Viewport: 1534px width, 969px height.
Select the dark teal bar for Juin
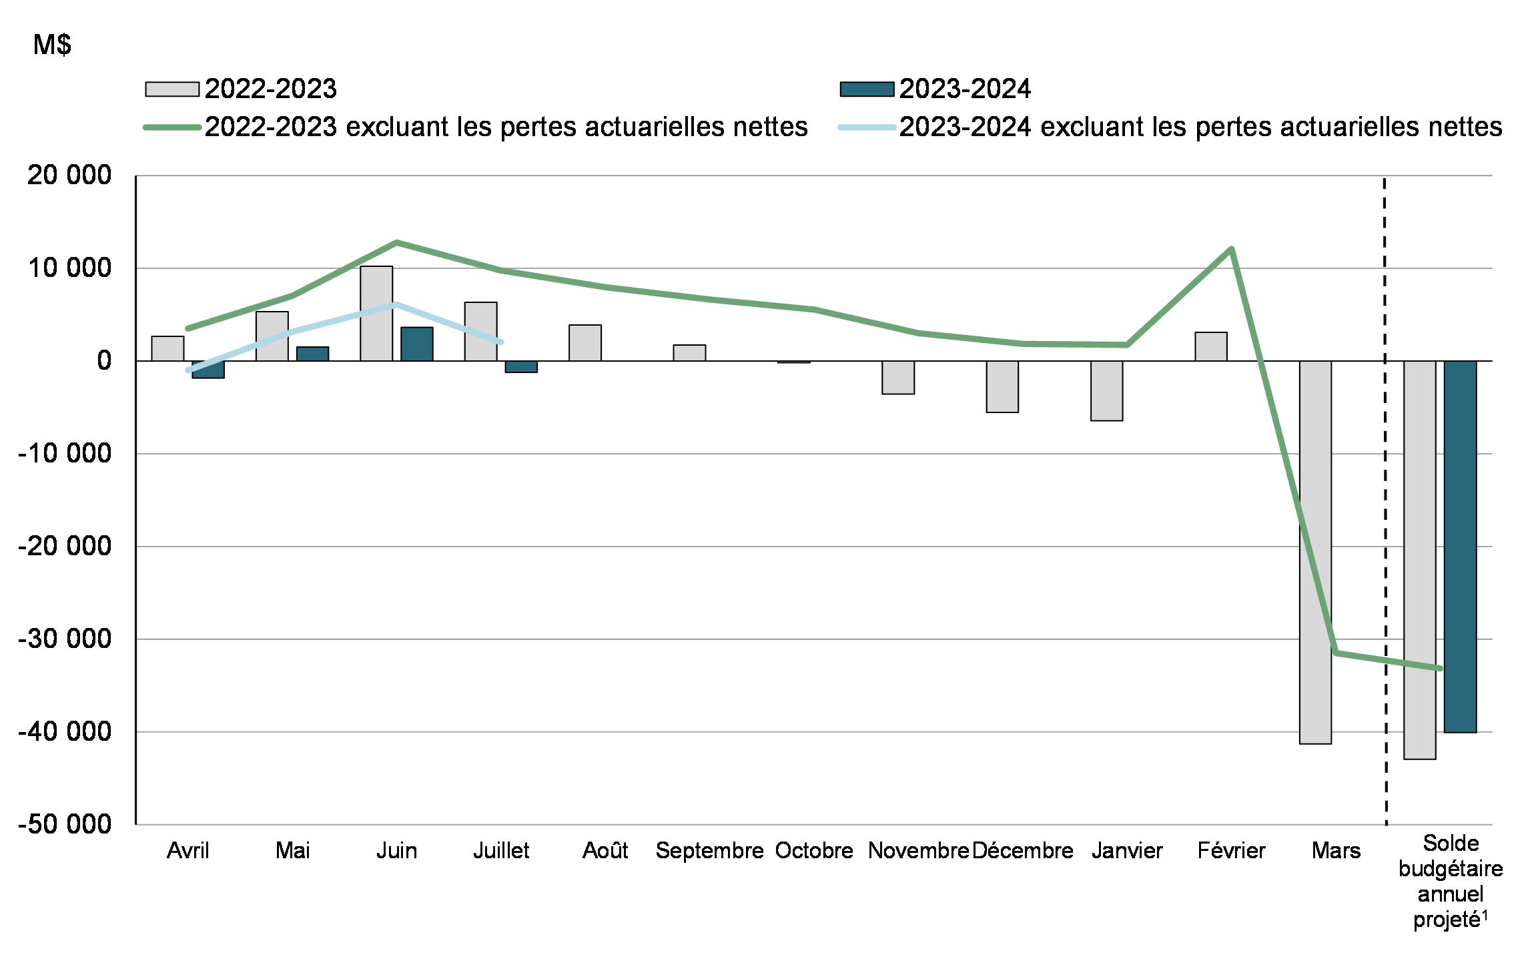[x=417, y=344]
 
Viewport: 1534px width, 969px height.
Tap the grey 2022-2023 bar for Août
[x=585, y=343]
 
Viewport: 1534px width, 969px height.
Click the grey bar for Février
[x=1211, y=347]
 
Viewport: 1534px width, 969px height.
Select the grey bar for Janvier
[x=1106, y=390]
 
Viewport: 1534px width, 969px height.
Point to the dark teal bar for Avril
[x=208, y=370]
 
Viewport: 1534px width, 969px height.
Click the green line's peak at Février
[x=1231, y=250]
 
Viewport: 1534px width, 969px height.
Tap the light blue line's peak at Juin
[x=396, y=304]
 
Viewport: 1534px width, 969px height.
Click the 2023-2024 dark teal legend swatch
[x=867, y=89]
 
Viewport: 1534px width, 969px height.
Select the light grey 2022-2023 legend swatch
[x=172, y=89]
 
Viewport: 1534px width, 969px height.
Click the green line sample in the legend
[x=172, y=127]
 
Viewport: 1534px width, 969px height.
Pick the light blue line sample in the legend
[x=867, y=127]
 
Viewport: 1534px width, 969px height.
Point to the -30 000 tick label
[x=65, y=639]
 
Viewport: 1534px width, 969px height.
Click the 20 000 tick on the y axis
[x=69, y=176]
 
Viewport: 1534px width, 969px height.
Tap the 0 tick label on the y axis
[x=104, y=361]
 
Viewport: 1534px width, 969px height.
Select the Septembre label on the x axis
[x=709, y=851]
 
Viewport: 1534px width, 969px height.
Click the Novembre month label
[x=918, y=851]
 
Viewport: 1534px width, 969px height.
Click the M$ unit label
[x=52, y=45]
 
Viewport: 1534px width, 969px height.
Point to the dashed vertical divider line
[x=1385, y=501]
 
